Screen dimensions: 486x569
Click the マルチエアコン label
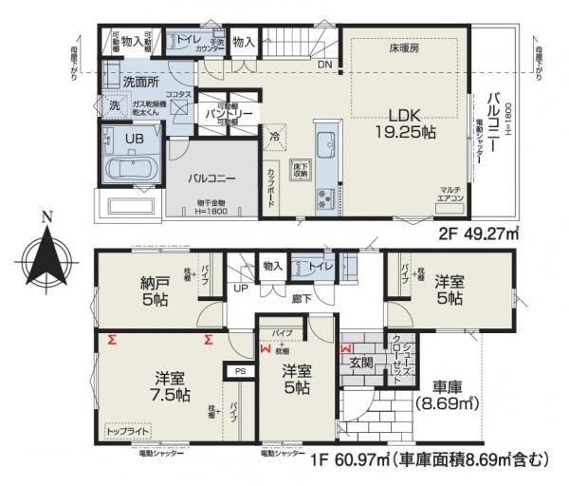pyautogui.click(x=450, y=195)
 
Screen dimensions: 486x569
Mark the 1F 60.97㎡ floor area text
pyautogui.click(x=422, y=460)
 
